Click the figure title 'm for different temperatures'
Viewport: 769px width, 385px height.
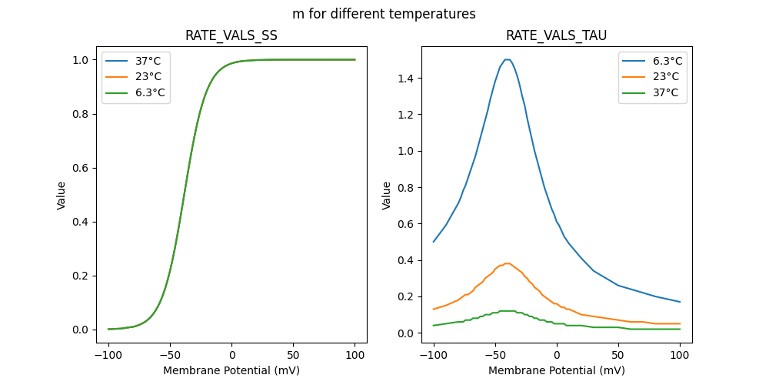coord(384,14)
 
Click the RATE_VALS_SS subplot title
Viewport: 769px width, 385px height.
coord(231,35)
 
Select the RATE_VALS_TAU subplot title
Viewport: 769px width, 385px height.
coord(557,35)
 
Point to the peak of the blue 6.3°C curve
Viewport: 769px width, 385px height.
coord(507,59)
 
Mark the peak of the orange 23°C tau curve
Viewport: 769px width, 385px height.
coord(507,263)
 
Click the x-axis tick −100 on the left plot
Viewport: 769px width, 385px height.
coord(108,354)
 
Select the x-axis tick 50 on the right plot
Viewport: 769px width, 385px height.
coord(618,354)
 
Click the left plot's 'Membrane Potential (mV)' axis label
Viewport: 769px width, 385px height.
coord(231,370)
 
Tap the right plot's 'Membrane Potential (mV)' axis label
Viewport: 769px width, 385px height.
coord(557,370)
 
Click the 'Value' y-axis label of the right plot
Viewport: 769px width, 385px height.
coord(387,196)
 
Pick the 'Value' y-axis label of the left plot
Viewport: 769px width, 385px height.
coord(62,196)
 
